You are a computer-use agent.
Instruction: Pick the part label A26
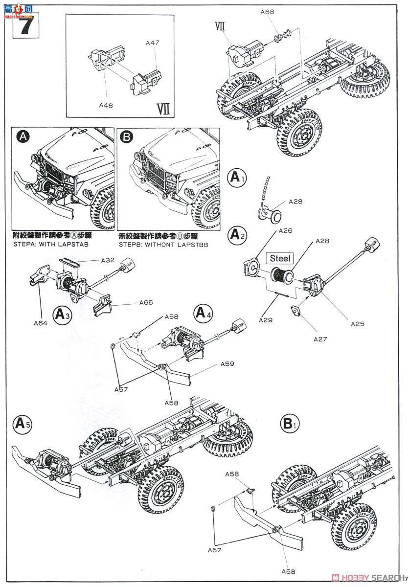click(x=286, y=231)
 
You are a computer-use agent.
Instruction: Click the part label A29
click(x=267, y=320)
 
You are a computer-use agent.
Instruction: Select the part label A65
click(x=146, y=303)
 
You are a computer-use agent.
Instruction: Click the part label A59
click(x=228, y=364)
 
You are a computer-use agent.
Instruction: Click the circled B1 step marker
click(x=290, y=423)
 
